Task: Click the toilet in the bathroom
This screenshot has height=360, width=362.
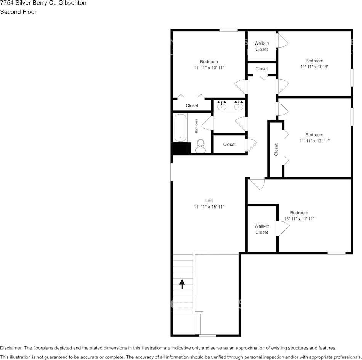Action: [x=200, y=146]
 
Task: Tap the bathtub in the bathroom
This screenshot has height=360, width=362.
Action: [x=180, y=128]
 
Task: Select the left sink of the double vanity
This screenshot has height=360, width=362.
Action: [x=221, y=105]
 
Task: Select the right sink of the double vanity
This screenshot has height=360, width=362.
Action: [x=239, y=105]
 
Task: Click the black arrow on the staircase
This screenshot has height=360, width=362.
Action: [x=182, y=284]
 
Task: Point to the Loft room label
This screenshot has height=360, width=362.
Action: [x=209, y=201]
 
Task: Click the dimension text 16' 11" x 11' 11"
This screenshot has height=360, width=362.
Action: [x=299, y=219]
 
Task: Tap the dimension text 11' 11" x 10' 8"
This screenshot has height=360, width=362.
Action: [x=314, y=67]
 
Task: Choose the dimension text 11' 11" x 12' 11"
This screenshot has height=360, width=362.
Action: [x=314, y=141]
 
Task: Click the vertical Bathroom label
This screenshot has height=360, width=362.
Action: [x=197, y=126]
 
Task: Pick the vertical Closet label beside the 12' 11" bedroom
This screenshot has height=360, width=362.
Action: [x=276, y=150]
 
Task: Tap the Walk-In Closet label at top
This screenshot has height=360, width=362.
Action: [x=262, y=46]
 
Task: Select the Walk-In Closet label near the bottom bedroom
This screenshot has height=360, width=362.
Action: [x=262, y=229]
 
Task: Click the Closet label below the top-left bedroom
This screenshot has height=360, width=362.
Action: [x=192, y=105]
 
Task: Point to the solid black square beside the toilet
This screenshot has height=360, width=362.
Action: [x=181, y=148]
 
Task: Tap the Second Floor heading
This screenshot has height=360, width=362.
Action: [x=18, y=12]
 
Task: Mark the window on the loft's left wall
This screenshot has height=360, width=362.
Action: [x=171, y=172]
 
